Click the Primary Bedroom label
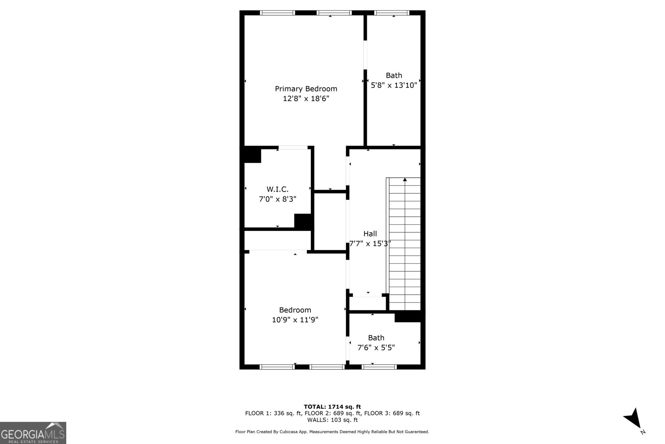click(306, 89)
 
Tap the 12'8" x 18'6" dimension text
click(306, 98)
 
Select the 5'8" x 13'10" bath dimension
click(394, 85)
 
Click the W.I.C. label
click(277, 189)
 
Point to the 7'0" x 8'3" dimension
click(277, 199)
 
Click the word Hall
click(370, 233)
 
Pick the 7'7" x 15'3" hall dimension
click(370, 244)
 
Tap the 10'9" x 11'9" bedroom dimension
click(295, 320)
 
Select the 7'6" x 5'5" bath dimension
click(376, 347)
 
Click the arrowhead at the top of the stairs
click(405, 179)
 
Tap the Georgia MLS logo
click(33, 433)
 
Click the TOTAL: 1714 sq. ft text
click(332, 407)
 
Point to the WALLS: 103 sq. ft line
click(332, 420)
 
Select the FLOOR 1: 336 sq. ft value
click(273, 413)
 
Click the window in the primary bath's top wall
click(392, 13)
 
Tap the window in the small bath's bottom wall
click(379, 367)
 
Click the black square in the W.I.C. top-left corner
click(252, 154)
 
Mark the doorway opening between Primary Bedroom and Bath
click(365, 55)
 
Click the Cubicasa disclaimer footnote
click(332, 432)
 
